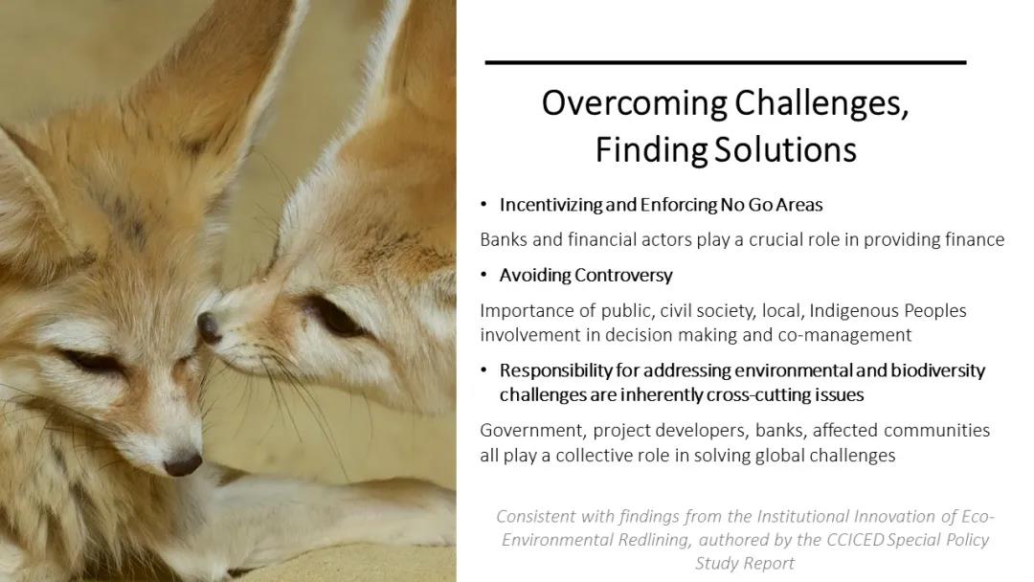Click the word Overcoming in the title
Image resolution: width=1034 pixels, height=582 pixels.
(x=635, y=103)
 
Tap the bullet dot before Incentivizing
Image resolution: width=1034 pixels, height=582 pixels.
(x=484, y=204)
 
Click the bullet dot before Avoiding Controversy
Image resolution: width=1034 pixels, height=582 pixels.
(x=484, y=275)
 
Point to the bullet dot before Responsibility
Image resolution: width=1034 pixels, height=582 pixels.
(x=484, y=370)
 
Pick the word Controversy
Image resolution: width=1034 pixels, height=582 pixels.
(x=623, y=276)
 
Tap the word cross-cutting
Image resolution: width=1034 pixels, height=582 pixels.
(x=752, y=394)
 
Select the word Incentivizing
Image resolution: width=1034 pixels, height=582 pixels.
(x=550, y=205)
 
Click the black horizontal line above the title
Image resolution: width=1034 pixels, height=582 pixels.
(x=726, y=62)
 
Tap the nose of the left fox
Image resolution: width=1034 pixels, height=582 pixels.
(x=183, y=464)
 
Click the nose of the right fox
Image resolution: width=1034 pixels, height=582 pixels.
(x=209, y=327)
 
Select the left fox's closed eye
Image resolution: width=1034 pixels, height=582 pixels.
(x=96, y=361)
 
